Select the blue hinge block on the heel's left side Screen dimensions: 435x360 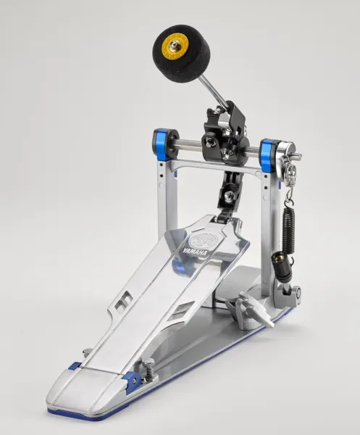coord(75,369)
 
